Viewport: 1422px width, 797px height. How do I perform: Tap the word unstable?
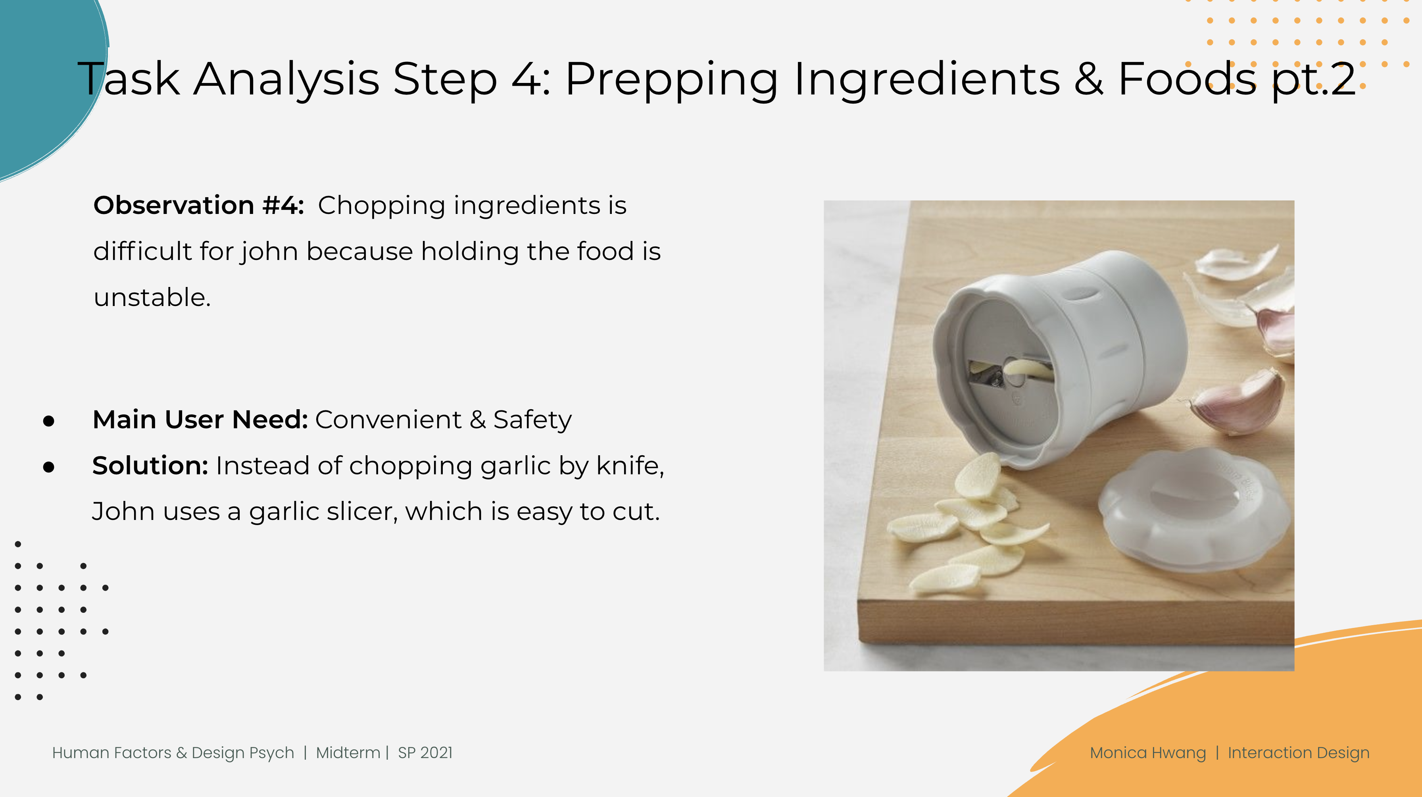click(x=152, y=297)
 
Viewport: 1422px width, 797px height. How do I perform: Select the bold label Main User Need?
click(x=200, y=420)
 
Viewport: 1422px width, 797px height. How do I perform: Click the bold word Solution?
click(x=150, y=466)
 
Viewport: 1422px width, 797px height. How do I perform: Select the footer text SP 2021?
click(x=425, y=753)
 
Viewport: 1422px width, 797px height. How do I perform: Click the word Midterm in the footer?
click(x=348, y=753)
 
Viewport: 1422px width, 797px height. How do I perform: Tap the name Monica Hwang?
click(x=1148, y=753)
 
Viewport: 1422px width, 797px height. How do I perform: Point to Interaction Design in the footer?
click(x=1298, y=753)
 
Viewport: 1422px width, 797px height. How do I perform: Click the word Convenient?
click(x=388, y=420)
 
